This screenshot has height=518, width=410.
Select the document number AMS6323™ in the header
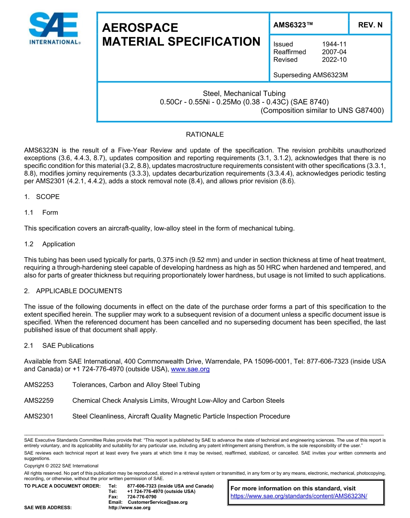coord(293,25)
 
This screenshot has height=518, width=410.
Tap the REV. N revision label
coord(370,25)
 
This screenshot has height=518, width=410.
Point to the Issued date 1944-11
coord(334,44)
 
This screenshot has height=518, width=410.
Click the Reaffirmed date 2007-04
coord(334,52)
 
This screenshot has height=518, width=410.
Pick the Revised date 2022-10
coord(334,60)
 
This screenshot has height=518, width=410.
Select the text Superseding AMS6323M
coord(310,75)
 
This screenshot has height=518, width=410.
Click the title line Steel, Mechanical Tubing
coord(244,94)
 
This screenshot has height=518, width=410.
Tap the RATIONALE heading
coord(205,135)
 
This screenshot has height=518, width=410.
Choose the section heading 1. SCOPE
coord(42,197)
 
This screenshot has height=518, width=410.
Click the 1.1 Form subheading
coord(41,212)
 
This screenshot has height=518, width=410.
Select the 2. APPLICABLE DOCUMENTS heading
coord(73,291)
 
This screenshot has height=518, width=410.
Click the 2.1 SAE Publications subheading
coord(59,345)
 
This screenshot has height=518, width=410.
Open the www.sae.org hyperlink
coord(190,369)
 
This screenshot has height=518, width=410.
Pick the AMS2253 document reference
coord(39,385)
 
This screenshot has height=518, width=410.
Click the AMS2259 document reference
coord(39,401)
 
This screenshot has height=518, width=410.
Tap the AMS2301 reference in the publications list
coord(39,416)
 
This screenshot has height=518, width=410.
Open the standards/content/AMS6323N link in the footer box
coord(299,496)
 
